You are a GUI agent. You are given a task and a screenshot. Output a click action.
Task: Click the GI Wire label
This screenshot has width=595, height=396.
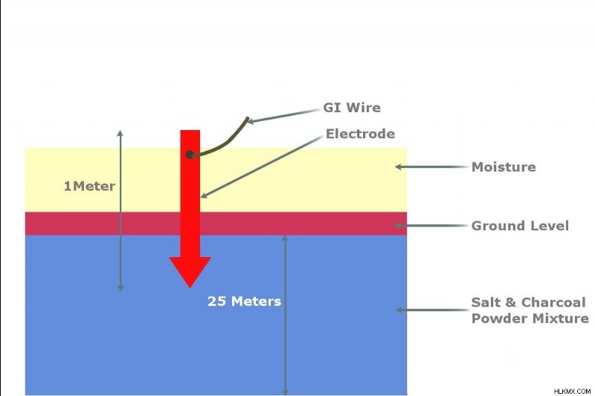tap(352, 108)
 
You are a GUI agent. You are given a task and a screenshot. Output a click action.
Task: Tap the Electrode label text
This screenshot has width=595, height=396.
tap(360, 134)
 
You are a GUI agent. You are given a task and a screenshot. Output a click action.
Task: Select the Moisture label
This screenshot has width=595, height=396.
tap(504, 166)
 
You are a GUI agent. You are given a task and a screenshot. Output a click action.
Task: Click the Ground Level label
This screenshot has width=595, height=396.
tap(520, 226)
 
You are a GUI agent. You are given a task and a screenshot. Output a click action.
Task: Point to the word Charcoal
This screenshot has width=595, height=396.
tap(553, 302)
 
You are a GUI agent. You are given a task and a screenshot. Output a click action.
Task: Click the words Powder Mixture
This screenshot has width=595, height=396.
tap(530, 318)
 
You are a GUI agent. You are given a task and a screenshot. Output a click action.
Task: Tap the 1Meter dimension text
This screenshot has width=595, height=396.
tap(89, 186)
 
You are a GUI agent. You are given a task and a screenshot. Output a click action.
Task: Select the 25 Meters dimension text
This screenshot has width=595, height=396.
tap(245, 301)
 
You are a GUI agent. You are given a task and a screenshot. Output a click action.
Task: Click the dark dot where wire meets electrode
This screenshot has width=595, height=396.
tap(190, 155)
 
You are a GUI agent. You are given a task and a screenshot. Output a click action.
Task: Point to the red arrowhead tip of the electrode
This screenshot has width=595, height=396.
tap(190, 288)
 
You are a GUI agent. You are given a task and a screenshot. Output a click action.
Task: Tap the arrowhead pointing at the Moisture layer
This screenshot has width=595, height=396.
tap(399, 166)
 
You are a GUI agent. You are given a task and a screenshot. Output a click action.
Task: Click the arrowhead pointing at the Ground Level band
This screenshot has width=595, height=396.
tap(399, 225)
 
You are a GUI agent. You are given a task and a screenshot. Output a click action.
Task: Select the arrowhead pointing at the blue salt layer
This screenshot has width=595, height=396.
tap(399, 310)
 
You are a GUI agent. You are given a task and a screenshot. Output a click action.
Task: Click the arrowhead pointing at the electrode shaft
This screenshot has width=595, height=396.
tap(204, 195)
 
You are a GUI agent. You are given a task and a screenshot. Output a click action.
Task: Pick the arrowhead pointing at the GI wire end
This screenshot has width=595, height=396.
tap(251, 121)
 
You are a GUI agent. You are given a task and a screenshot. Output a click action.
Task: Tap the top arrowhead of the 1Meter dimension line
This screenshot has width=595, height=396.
tap(120, 134)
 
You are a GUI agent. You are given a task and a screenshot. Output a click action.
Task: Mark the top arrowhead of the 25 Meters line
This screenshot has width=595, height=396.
tap(285, 238)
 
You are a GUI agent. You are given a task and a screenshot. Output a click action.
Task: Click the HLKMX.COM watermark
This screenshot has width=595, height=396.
tap(572, 391)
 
